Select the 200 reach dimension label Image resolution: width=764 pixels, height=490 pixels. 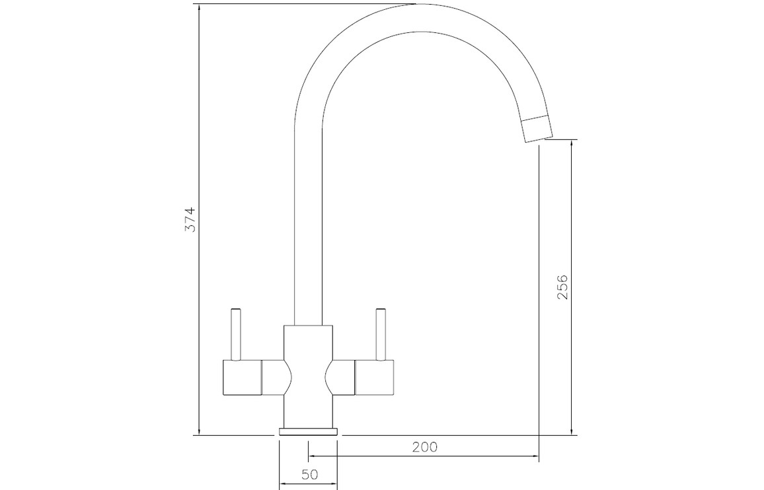coord(425,446)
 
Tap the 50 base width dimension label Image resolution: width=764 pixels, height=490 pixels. coord(309,474)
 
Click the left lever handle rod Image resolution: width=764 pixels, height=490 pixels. coord(236,335)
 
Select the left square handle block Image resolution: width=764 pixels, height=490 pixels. coord(242,378)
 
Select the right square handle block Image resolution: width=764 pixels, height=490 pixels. coord(374,378)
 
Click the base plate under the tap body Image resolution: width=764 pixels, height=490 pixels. coord(308,431)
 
